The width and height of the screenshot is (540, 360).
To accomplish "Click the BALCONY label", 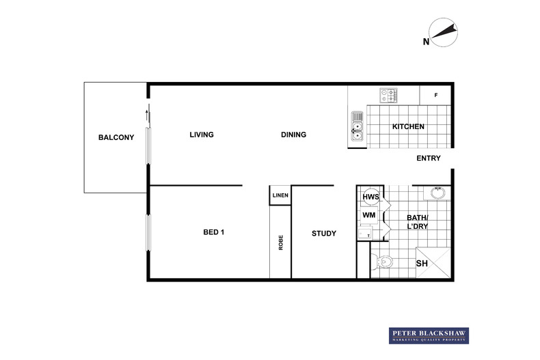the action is pyautogui.click(x=116, y=137).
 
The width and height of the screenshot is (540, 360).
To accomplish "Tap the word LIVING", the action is pyautogui.click(x=202, y=135).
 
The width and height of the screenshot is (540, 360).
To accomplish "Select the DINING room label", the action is pyautogui.click(x=293, y=135).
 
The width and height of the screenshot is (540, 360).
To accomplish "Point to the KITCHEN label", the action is pyautogui.click(x=408, y=126).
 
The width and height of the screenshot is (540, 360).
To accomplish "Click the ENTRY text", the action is pyautogui.click(x=429, y=158).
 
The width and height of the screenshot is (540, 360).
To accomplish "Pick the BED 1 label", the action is pyautogui.click(x=213, y=232).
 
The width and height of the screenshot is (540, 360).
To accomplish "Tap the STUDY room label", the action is pyautogui.click(x=324, y=234).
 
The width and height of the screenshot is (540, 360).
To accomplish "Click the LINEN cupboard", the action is pyautogui.click(x=280, y=195).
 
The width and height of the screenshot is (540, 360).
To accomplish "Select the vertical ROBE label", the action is pyautogui.click(x=281, y=243).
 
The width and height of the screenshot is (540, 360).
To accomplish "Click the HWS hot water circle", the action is pyautogui.click(x=370, y=197).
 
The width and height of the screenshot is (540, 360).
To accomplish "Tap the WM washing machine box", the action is pyautogui.click(x=369, y=215).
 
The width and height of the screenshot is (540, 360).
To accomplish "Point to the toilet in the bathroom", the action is pyautogui.click(x=382, y=262).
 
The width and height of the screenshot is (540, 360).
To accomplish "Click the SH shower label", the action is pyautogui.click(x=422, y=264).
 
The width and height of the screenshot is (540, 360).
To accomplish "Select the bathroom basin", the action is pyautogui.click(x=437, y=193).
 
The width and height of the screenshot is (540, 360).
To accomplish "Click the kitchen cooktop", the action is pyautogui.click(x=388, y=96).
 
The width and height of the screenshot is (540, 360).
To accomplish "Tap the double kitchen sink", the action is pyautogui.click(x=357, y=126).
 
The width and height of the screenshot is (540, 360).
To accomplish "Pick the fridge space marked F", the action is pyautogui.click(x=435, y=96).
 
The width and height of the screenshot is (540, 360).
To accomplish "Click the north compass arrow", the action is pyautogui.click(x=444, y=31).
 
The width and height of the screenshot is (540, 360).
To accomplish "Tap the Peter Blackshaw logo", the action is pyautogui.click(x=429, y=335).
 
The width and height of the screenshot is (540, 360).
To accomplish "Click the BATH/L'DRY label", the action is pyautogui.click(x=418, y=222).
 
